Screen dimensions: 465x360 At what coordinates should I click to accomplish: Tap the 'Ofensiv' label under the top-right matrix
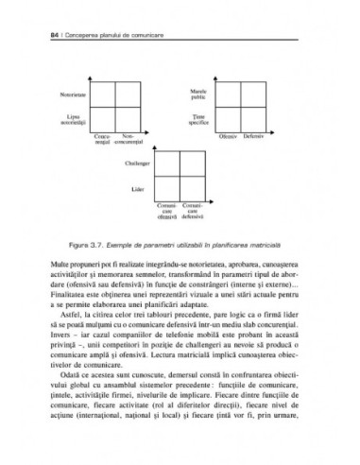(228, 136)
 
